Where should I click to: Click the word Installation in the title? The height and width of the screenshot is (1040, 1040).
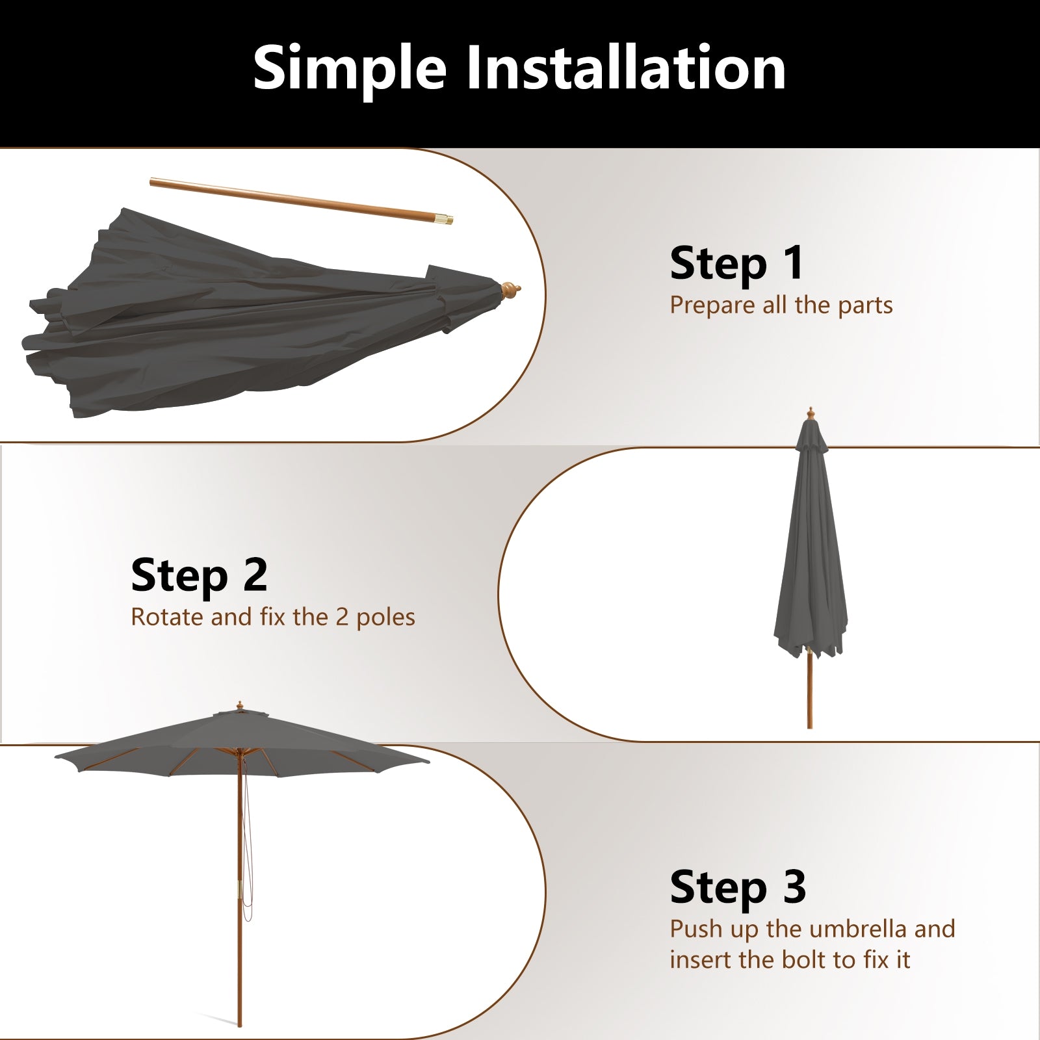coord(626,68)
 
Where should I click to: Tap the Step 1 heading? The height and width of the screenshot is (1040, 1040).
coord(736,263)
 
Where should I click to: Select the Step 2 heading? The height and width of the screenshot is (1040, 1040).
coord(199,575)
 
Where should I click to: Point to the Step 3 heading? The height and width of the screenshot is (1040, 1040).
coord(738,887)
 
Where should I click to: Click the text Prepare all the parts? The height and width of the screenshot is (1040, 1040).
coord(781,305)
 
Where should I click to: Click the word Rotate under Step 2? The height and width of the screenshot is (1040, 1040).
coord(167,617)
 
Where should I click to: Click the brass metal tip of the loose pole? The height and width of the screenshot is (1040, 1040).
coord(445,220)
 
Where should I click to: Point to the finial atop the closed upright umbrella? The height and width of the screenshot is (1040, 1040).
coord(811,413)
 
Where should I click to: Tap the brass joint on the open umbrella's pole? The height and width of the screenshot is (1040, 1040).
coord(240,890)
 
